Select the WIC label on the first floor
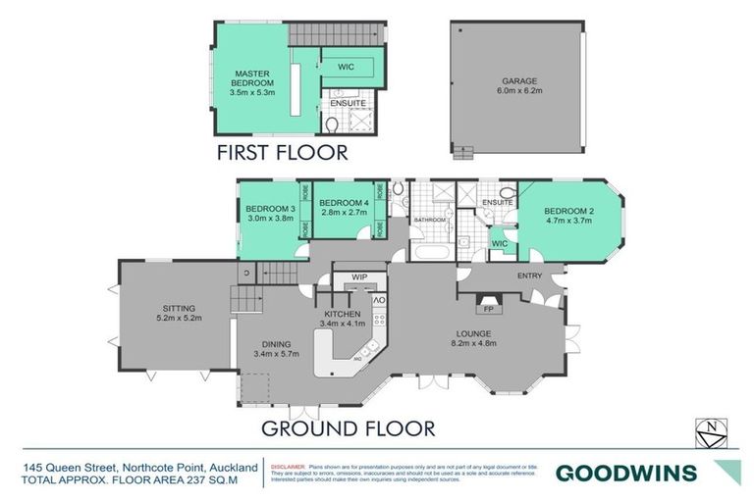[346, 68]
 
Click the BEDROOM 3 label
[271, 209]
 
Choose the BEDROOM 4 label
[343, 203]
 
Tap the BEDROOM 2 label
[567, 211]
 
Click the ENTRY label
[530, 276]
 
